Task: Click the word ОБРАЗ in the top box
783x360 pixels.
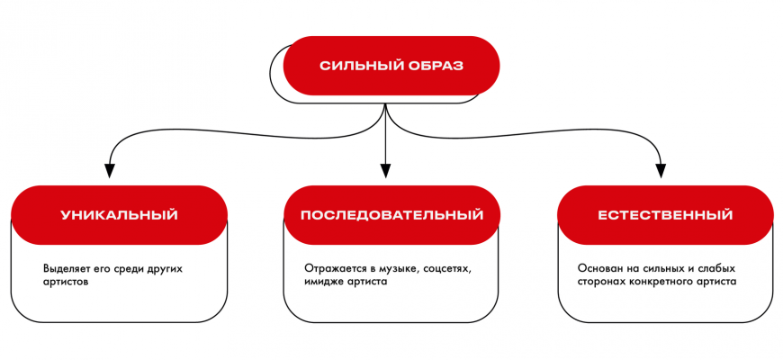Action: tap(435, 67)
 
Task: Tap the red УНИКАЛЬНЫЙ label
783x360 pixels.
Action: tap(119, 216)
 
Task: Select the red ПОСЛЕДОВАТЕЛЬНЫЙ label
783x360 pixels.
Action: tap(391, 216)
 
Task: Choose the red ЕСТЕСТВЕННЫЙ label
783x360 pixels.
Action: tap(665, 216)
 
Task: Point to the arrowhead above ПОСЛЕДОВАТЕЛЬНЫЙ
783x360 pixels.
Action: tap(386, 169)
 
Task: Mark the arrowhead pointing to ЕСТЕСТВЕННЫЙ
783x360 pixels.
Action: tap(662, 169)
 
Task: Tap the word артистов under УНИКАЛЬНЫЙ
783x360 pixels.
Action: tap(67, 282)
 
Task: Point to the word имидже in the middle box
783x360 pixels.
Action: tap(326, 282)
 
